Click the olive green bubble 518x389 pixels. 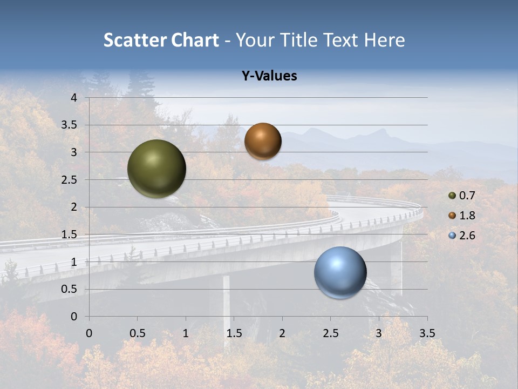156,169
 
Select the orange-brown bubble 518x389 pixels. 263,141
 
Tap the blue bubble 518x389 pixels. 340,272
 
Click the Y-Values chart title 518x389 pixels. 269,76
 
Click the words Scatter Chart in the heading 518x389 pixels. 161,40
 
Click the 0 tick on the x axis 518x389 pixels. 89,333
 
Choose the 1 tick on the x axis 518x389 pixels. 186,333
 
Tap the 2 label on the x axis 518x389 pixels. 282,333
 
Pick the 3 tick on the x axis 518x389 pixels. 379,333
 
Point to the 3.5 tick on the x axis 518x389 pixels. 427,333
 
